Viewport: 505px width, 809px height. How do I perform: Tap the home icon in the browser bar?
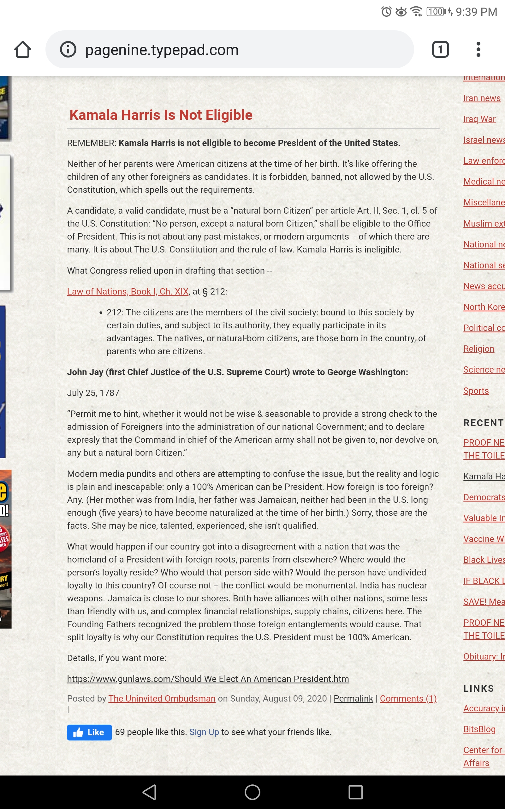coord(23,50)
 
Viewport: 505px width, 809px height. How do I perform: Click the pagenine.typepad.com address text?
coord(162,50)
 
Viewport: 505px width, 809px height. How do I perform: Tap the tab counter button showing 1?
coord(440,50)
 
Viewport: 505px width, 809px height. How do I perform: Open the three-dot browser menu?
coord(478,50)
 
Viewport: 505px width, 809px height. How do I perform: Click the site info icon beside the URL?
coord(68,50)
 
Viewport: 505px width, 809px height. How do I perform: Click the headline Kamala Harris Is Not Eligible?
coord(161,115)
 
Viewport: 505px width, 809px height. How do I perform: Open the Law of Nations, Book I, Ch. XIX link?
coord(128,291)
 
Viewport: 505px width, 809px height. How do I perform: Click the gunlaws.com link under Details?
coord(208,678)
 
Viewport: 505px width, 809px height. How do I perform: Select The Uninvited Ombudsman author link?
coord(162,698)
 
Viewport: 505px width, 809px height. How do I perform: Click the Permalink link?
coord(353,698)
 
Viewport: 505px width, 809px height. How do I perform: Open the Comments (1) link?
coord(408,698)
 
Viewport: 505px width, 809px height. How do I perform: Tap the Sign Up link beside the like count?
coord(204,732)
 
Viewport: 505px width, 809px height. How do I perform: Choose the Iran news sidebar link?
coord(482,98)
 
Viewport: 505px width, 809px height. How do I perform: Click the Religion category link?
coord(478,349)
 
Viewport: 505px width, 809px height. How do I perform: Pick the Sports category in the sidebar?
coord(476,391)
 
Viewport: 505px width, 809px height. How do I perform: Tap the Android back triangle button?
coord(149,792)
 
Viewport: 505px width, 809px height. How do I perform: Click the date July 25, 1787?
coord(93,393)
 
